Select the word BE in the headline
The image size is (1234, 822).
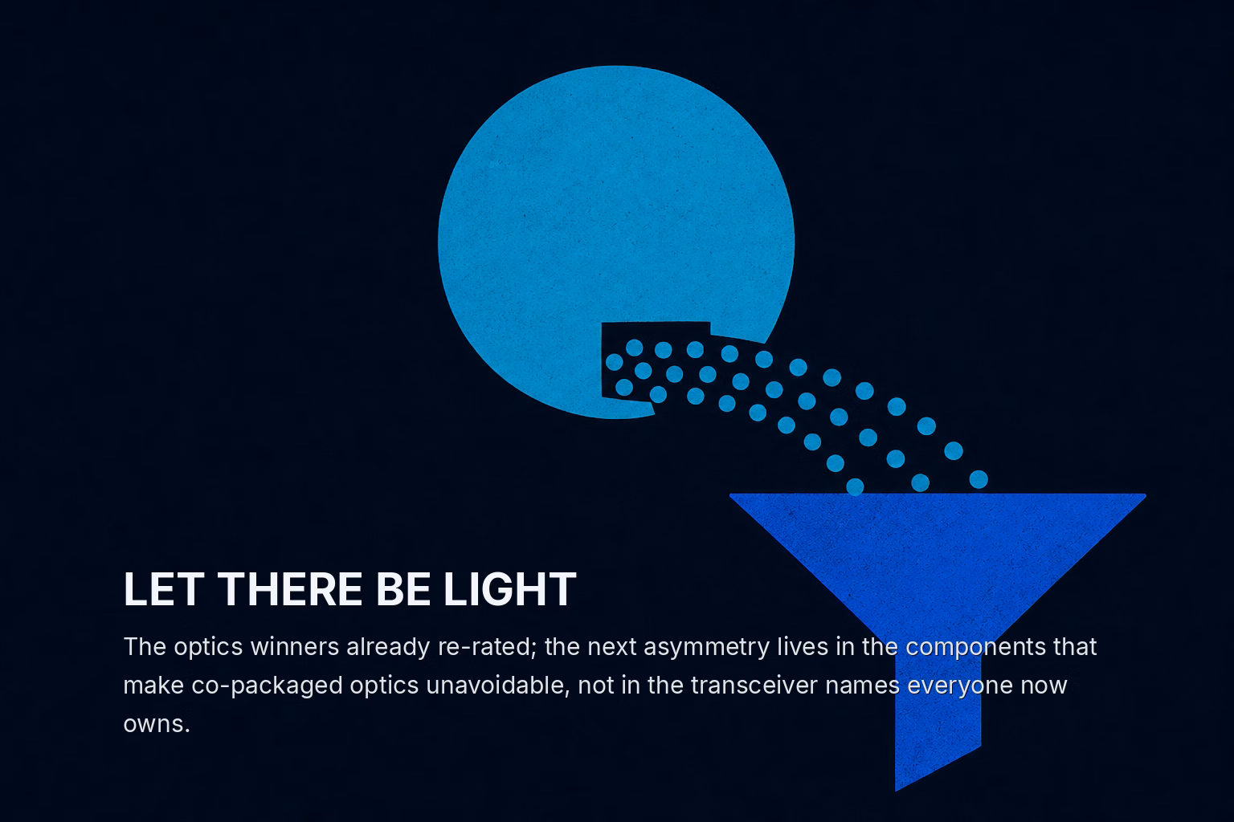click(402, 589)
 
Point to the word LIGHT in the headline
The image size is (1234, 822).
click(510, 589)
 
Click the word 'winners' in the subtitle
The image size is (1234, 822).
click(295, 646)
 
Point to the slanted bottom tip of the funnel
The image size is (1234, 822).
click(897, 791)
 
